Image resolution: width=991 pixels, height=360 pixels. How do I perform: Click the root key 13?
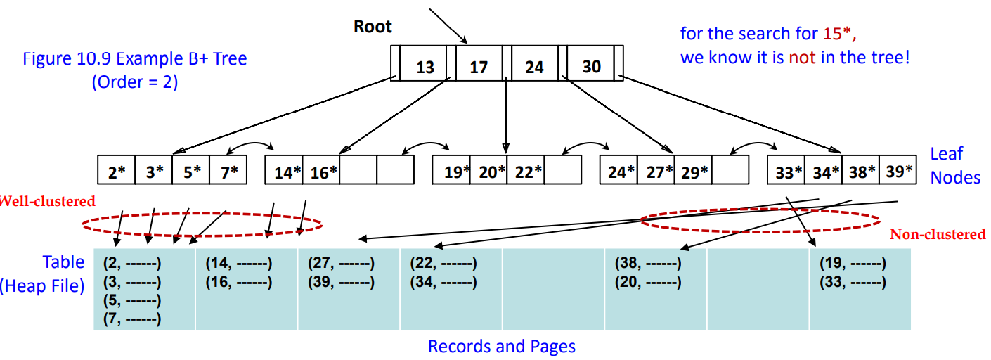pyautogui.click(x=425, y=67)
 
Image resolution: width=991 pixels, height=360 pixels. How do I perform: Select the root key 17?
pyautogui.click(x=479, y=67)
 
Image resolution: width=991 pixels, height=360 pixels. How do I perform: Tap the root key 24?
pyautogui.click(x=534, y=67)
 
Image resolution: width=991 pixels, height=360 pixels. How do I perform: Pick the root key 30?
pyautogui.click(x=592, y=66)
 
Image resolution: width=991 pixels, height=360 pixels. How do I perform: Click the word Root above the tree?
pyautogui.click(x=373, y=27)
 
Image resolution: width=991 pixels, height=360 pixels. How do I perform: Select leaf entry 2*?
pyautogui.click(x=116, y=172)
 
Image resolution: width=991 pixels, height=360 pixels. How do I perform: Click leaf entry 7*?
pyautogui.click(x=228, y=172)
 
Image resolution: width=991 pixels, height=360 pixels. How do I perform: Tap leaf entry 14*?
pyautogui.click(x=287, y=172)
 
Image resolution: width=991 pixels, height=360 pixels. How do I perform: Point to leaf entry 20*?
pyautogui.click(x=492, y=172)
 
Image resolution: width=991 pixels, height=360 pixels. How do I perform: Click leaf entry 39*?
pyautogui.click(x=898, y=172)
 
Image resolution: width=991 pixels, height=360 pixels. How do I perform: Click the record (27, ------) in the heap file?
pyautogui.click(x=341, y=264)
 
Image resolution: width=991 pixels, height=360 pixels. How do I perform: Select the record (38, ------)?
pyautogui.click(x=647, y=264)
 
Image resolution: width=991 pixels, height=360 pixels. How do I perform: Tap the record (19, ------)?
pyautogui.click(x=853, y=264)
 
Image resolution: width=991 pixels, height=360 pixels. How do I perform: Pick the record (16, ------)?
pyautogui.click(x=238, y=283)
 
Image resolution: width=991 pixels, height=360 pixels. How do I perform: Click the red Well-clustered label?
pyautogui.click(x=46, y=202)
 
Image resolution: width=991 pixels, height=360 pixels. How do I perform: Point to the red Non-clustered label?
pyautogui.click(x=938, y=235)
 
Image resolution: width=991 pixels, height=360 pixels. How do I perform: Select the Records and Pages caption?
pyautogui.click(x=501, y=347)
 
